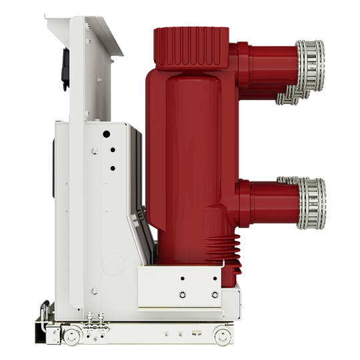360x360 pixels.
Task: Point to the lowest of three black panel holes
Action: [x=112, y=168]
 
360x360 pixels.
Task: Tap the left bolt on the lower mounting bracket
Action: [x=183, y=294]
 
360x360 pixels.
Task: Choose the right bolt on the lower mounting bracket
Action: [x=214, y=294]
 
